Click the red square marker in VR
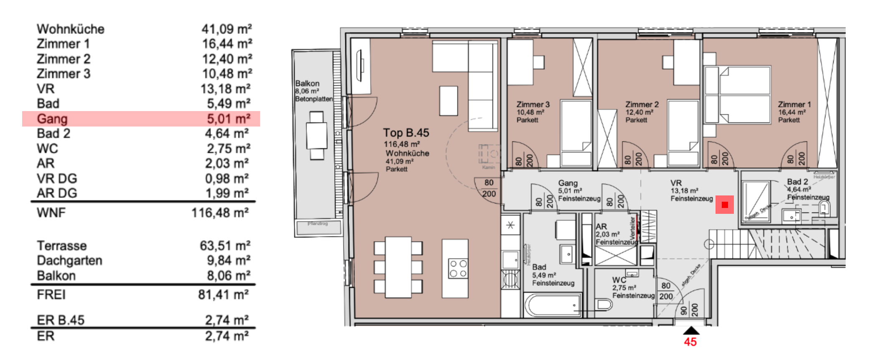pos(725,205)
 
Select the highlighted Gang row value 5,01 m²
pos(228,119)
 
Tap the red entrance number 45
pos(690,342)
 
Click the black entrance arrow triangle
pos(691,331)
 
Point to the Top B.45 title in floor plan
pos(406,133)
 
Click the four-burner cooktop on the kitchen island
pos(458,269)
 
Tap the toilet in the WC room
pos(604,304)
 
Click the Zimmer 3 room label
pos(533,104)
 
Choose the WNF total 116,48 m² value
pos(220,213)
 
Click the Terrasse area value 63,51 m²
pos(225,246)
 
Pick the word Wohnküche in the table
pos(71,29)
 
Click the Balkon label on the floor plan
pos(307,84)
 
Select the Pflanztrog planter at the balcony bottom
pos(318,227)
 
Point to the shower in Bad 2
pos(756,200)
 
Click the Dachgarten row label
pos(70,261)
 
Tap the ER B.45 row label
pos(61,320)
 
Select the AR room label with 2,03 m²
pos(601,227)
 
